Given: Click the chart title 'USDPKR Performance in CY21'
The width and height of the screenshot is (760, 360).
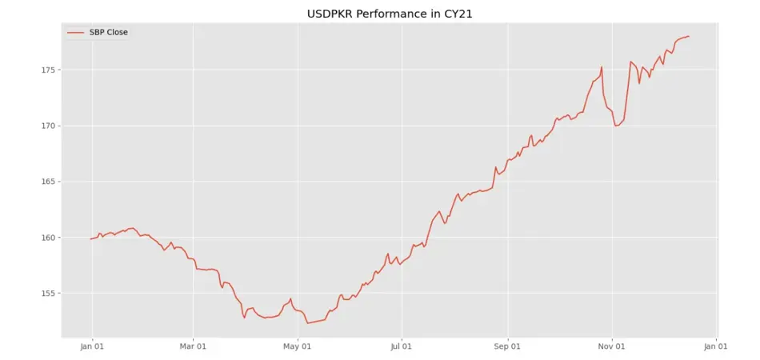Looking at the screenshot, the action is [x=390, y=14].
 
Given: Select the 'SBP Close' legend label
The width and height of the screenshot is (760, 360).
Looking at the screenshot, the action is [x=109, y=33].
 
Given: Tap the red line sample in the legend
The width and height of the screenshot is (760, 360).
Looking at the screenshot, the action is [x=76, y=33].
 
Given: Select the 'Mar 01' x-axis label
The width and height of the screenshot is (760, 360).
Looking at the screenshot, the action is [x=193, y=347].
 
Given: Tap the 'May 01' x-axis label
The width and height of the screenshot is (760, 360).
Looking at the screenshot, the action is [x=298, y=347].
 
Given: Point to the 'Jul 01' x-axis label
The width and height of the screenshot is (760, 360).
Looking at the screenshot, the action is [x=402, y=347].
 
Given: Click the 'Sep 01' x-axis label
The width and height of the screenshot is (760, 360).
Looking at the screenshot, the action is [x=508, y=347].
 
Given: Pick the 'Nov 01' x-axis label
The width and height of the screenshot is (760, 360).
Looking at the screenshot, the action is [x=612, y=347].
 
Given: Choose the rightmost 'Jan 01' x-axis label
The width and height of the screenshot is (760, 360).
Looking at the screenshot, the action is [x=716, y=347].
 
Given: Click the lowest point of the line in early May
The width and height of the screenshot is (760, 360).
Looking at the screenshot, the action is [x=307, y=323].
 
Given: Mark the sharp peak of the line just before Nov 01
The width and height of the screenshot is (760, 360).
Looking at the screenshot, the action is [x=602, y=67].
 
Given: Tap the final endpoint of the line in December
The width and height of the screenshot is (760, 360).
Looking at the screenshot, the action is [x=689, y=36].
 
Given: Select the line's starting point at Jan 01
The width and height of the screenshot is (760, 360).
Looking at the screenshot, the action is [x=90, y=239].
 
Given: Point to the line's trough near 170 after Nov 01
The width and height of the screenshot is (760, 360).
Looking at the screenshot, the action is [x=616, y=126].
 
